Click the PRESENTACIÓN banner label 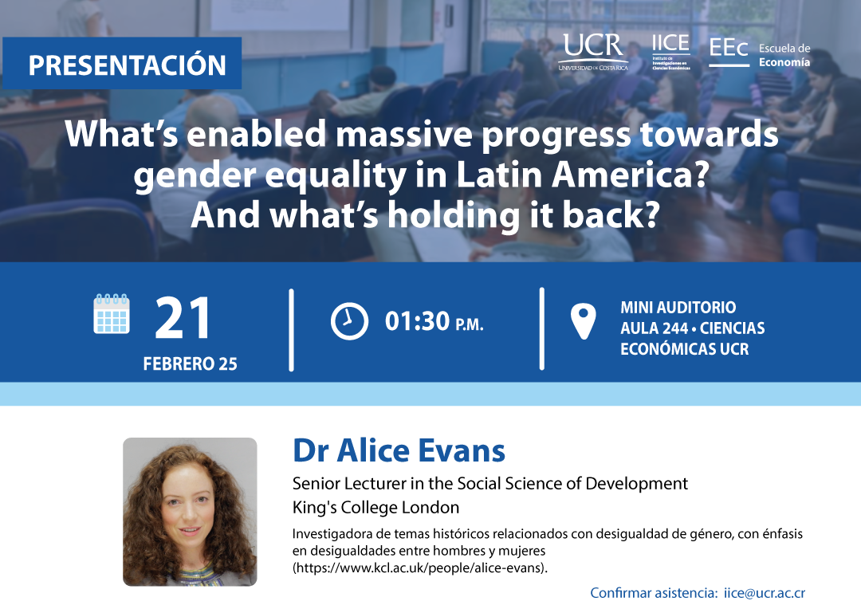point(127,65)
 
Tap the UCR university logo point(593,52)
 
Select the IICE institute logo point(671,52)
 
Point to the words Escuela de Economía point(784,56)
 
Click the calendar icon point(112,314)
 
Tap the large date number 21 point(183,318)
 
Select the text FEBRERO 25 point(190,363)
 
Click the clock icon point(349,320)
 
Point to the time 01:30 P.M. point(434,322)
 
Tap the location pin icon point(583,321)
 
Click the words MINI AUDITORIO point(678,307)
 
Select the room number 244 point(673,328)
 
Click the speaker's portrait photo point(190,512)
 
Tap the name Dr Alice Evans point(399,450)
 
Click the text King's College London point(375,507)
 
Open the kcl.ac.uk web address point(420,568)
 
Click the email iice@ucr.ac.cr point(765,593)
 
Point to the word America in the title point(629,175)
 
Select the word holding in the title point(454,216)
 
